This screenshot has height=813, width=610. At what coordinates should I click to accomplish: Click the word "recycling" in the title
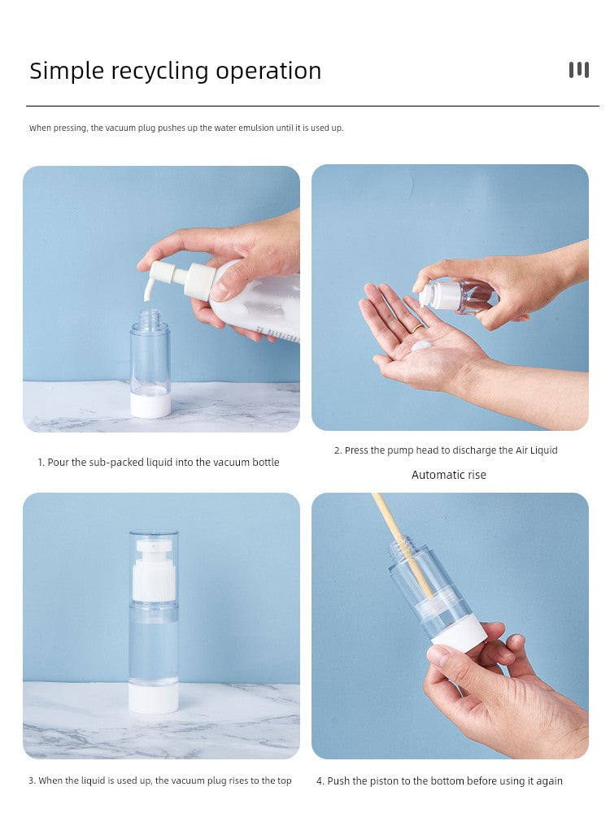tap(160, 72)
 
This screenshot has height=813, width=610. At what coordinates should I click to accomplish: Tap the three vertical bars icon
tap(579, 70)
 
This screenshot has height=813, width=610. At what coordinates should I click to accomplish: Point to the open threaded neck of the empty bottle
tap(150, 317)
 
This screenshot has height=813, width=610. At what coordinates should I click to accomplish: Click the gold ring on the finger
tap(417, 328)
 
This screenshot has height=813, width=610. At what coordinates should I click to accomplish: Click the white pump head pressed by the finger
tap(434, 293)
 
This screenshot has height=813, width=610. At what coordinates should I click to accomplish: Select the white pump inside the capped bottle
tap(154, 571)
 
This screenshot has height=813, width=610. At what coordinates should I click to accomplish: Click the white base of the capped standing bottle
tap(154, 698)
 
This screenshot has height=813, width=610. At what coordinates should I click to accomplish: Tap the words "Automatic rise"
tap(449, 475)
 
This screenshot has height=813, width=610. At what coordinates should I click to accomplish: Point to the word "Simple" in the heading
tap(67, 72)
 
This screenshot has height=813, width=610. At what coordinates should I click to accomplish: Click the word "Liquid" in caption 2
tap(543, 450)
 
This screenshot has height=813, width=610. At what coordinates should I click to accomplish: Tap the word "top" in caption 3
tap(284, 780)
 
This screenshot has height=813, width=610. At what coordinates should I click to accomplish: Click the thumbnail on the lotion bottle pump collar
tap(221, 291)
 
